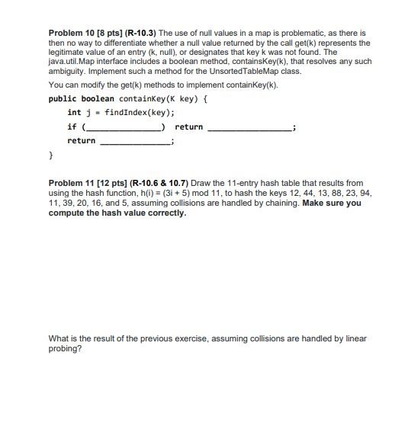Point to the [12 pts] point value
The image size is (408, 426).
click(x=112, y=184)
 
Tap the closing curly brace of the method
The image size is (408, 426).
click(x=51, y=155)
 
